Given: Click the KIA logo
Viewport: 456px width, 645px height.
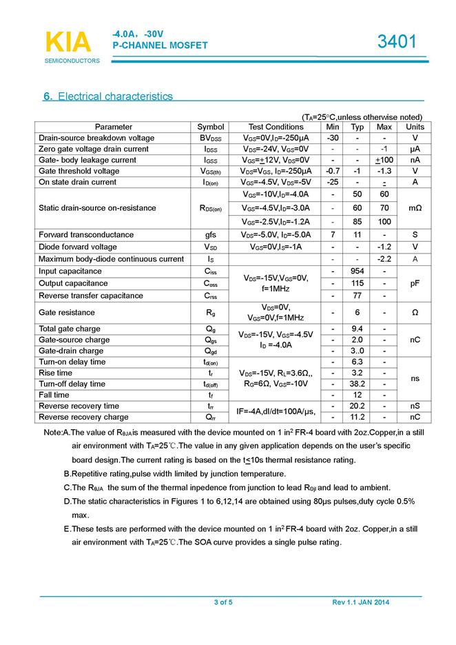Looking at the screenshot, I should (68, 43).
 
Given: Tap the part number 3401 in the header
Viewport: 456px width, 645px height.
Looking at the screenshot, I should (397, 42).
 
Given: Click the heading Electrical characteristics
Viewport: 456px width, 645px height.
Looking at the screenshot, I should (108, 96).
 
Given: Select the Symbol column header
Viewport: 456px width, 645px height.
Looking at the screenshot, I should (211, 127).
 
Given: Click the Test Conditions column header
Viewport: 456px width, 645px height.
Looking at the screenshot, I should (276, 127).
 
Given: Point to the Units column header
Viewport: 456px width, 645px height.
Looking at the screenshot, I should (415, 127).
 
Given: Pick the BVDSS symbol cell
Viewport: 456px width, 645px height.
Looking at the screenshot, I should (211, 138).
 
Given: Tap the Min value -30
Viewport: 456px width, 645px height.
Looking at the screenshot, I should (333, 138).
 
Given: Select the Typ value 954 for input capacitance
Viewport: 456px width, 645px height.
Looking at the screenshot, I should (357, 271).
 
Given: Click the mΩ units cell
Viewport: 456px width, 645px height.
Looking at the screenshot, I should (415, 208).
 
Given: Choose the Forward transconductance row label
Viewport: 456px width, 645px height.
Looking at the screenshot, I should (86, 234).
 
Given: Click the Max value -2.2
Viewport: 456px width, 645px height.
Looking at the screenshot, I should (384, 259).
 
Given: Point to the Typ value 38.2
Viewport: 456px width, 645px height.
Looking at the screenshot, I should (357, 383).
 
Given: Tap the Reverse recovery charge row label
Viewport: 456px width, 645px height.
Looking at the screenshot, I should (84, 417).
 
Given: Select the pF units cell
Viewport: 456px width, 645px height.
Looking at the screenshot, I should (415, 283).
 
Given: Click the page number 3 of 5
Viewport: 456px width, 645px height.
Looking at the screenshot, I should (223, 604).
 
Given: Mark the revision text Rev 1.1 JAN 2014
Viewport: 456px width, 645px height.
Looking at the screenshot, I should (361, 604).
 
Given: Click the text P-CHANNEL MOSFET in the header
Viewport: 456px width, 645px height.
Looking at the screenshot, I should (160, 45).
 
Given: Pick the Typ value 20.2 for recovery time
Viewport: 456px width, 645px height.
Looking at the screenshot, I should (357, 406).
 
